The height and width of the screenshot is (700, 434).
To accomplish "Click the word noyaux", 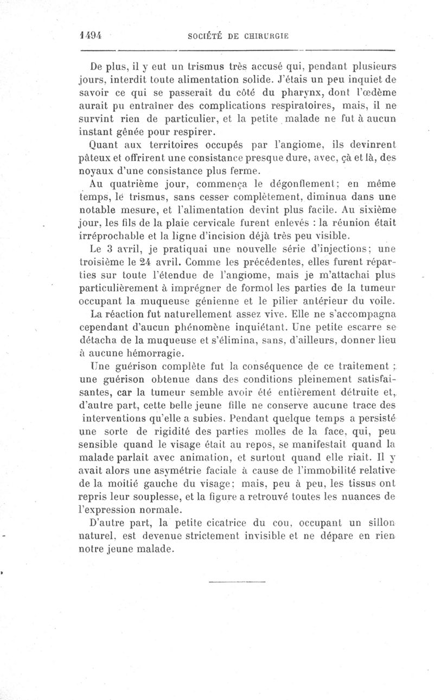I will [x=94, y=171].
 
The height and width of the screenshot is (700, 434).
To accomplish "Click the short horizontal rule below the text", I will [x=237, y=582].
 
